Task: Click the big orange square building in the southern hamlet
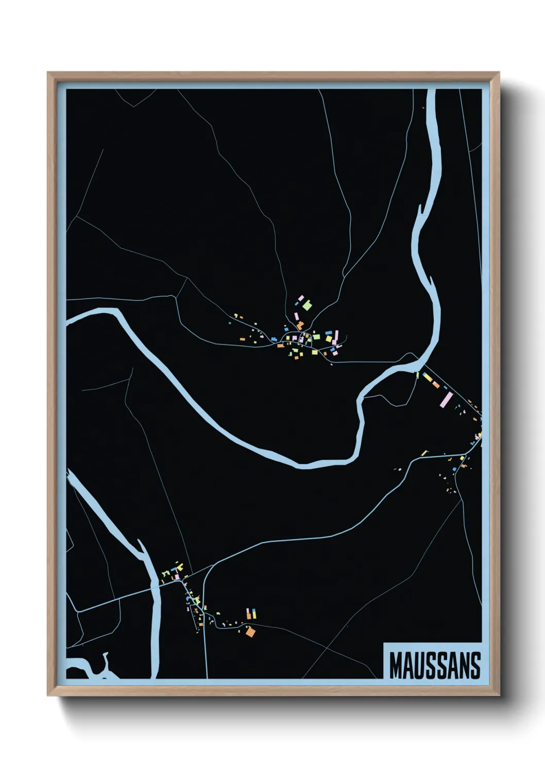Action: (250, 632)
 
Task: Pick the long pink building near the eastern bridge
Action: (447, 399)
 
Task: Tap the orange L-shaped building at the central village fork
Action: (299, 325)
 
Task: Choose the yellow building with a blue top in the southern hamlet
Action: (248, 613)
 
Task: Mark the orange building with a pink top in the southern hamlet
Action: (253, 613)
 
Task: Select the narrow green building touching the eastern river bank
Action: (418, 375)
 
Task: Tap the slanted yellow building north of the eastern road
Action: (424, 453)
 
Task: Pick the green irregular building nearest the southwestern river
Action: (165, 573)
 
